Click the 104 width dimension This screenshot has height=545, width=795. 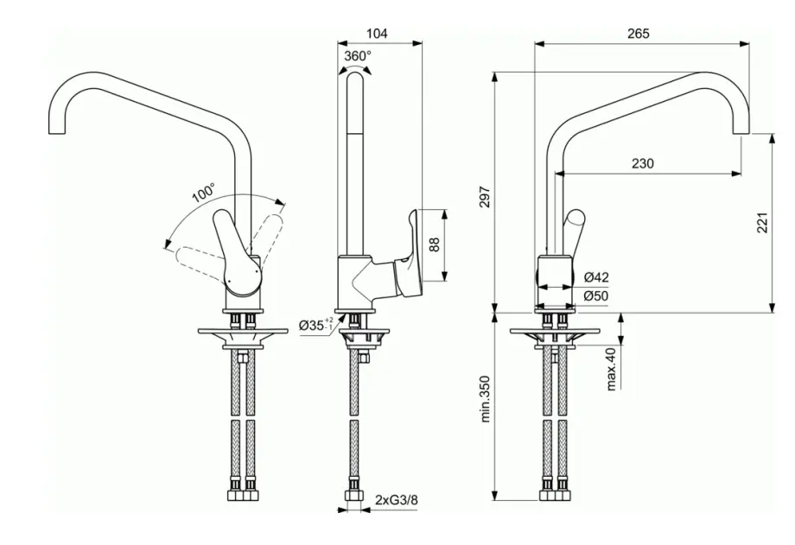[377, 34]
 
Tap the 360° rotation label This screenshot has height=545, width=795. [357, 55]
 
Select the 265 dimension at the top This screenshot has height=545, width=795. [639, 34]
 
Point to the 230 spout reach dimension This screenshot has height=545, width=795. [642, 163]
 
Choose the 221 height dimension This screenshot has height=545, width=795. [761, 223]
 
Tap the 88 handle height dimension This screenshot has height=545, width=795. [436, 244]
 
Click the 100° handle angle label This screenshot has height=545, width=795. [203, 193]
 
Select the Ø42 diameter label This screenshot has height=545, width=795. [596, 277]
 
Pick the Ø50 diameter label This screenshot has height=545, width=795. [596, 296]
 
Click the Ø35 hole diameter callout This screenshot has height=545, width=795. [315, 325]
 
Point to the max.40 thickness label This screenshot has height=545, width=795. [611, 368]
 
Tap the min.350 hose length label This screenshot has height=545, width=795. [485, 398]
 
